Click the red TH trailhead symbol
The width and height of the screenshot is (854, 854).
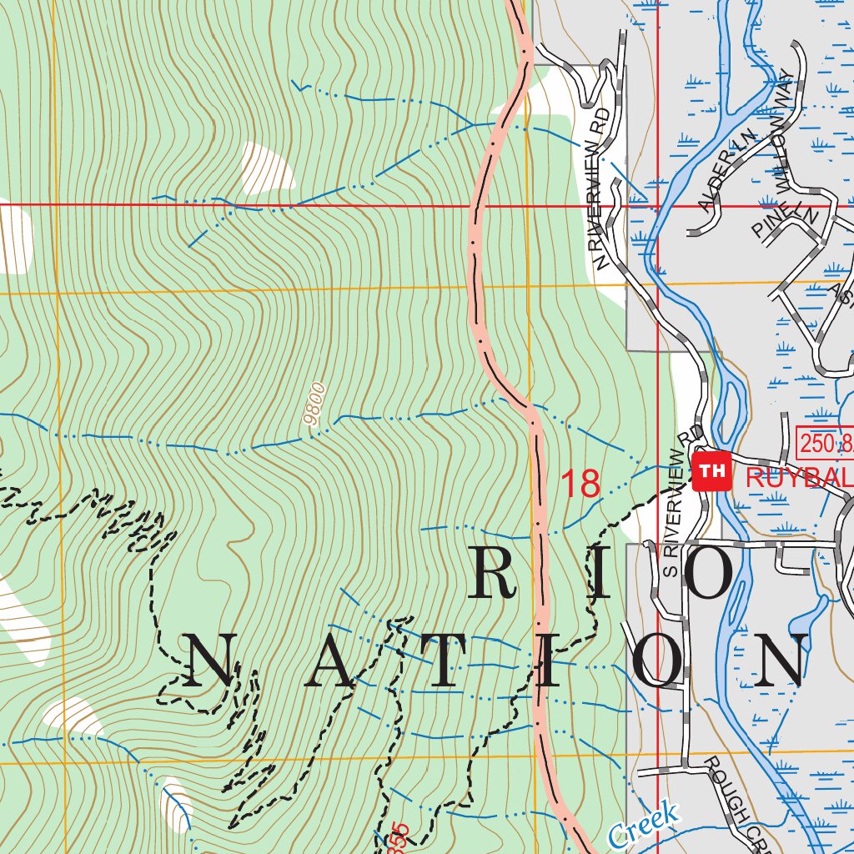click(x=711, y=471)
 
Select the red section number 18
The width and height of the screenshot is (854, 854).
click(x=580, y=484)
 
